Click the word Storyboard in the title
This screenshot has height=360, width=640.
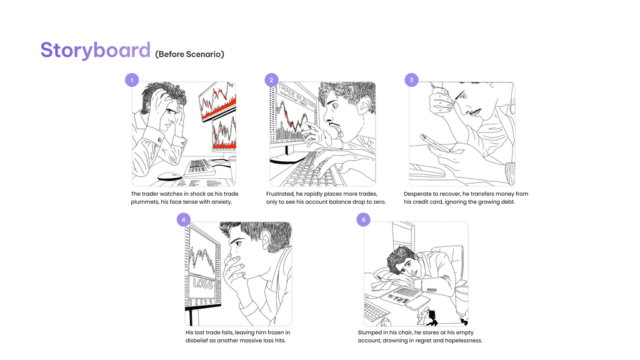[x=96, y=51]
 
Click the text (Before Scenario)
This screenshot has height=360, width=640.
[x=189, y=54]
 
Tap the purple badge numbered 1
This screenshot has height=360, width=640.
[x=132, y=80]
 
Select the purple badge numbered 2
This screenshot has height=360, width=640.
[x=271, y=80]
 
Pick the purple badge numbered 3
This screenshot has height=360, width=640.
[x=411, y=80]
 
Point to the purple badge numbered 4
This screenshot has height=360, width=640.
[x=184, y=219]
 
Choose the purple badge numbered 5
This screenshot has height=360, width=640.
[x=364, y=219]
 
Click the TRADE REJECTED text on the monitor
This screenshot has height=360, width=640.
[x=297, y=96]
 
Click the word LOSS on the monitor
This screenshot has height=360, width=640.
[x=203, y=283]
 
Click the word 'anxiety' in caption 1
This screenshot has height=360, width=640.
[x=221, y=202]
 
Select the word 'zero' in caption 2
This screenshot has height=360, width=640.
[x=378, y=202]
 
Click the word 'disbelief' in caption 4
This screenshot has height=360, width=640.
[x=197, y=341]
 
